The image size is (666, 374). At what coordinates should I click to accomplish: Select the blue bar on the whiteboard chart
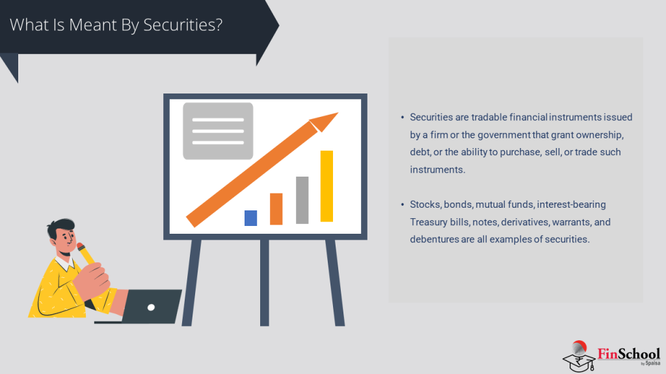click(250, 218)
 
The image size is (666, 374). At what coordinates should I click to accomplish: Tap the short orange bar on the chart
click(276, 209)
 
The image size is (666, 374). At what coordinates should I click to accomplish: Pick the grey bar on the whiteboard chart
click(302, 200)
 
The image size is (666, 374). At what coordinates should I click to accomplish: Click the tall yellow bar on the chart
click(326, 186)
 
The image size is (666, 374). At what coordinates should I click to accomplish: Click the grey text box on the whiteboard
click(217, 131)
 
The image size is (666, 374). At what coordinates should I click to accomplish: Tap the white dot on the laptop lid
click(151, 306)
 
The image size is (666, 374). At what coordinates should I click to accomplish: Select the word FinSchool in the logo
click(628, 354)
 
